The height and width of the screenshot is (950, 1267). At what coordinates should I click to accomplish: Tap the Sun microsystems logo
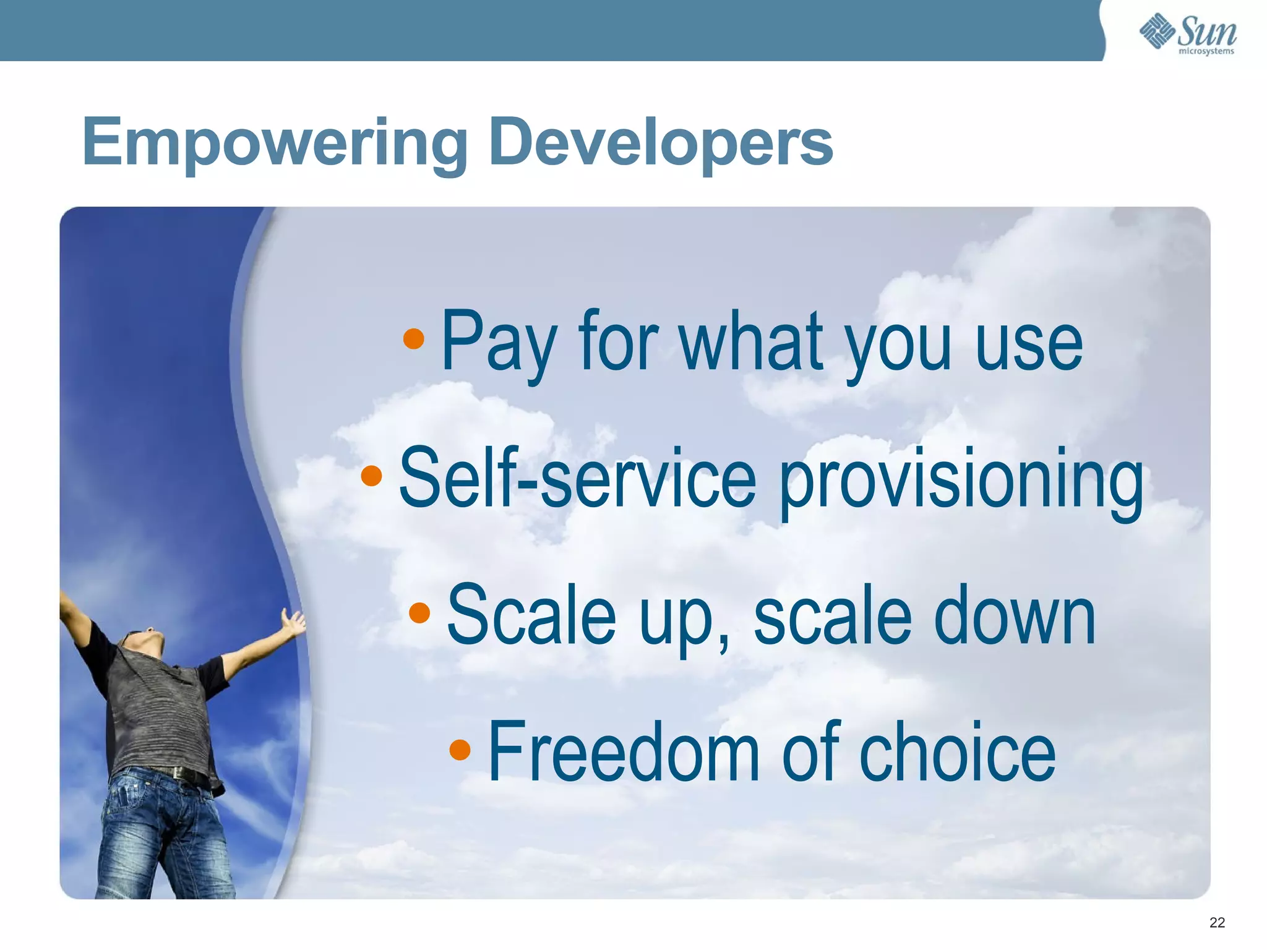[x=1188, y=33]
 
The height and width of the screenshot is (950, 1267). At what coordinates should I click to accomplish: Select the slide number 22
[x=1217, y=923]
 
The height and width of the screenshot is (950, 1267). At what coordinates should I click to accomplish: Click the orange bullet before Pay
[x=413, y=338]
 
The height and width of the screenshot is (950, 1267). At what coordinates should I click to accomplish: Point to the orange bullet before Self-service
[x=371, y=475]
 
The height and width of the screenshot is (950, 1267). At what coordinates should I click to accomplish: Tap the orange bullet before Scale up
[x=419, y=612]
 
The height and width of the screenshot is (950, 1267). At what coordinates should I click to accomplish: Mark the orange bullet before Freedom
[x=460, y=749]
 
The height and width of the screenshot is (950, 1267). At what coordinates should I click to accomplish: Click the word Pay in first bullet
[x=499, y=343]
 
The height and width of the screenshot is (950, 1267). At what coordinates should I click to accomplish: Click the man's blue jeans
[x=161, y=835]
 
